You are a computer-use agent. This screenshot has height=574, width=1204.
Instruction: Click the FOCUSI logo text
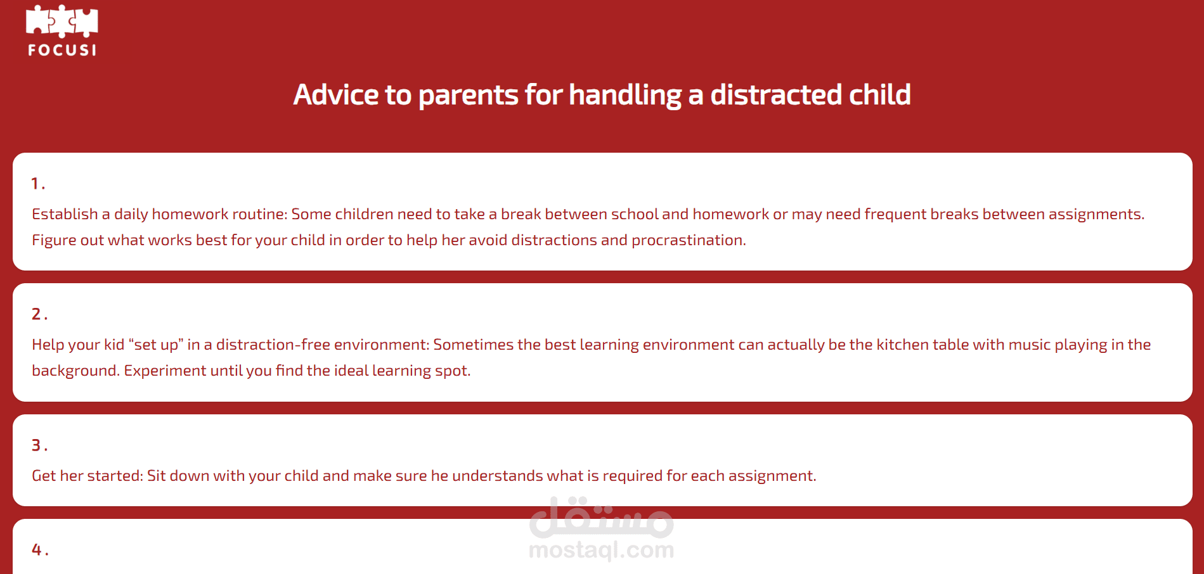coord(62,50)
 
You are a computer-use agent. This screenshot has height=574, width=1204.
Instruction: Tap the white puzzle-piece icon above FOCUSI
coord(62,22)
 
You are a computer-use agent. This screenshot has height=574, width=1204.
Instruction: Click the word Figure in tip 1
coord(55,241)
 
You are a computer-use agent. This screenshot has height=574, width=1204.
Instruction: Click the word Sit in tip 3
coord(156,476)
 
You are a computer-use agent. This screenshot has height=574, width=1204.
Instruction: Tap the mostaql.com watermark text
coord(601,550)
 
